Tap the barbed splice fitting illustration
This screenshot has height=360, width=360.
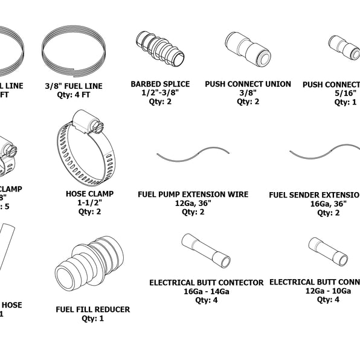[x=159, y=51]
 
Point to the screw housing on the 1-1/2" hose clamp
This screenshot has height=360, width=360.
[x=89, y=125]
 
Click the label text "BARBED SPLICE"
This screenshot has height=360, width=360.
[x=160, y=84]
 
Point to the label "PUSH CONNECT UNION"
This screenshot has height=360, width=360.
[x=248, y=84]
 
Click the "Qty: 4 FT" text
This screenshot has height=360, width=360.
[x=73, y=95]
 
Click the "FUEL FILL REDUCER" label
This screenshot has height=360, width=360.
[x=92, y=310]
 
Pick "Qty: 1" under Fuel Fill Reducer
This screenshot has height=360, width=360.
[x=92, y=318]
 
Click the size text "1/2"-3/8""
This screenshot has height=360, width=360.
[x=160, y=93]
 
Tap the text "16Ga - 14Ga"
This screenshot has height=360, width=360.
[x=207, y=291]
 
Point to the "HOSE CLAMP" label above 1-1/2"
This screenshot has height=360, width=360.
[x=89, y=194]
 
